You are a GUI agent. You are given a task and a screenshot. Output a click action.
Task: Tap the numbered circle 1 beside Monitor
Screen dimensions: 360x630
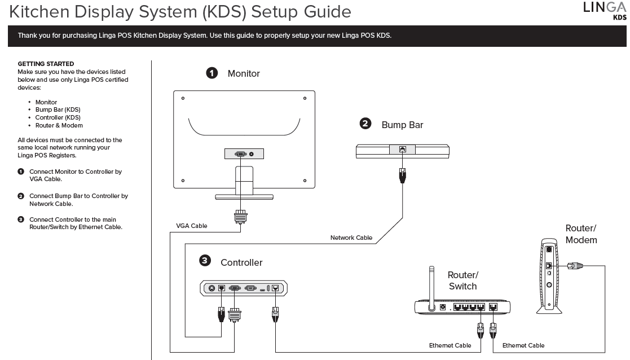(212, 73)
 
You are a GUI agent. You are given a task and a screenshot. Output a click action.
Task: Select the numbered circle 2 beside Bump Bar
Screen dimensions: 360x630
(365, 124)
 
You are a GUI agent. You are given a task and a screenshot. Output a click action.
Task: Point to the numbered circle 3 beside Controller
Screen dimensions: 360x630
(205, 260)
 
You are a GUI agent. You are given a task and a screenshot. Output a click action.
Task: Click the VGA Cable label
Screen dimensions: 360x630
(192, 226)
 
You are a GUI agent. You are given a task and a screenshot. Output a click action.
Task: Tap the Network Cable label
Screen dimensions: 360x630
(351, 238)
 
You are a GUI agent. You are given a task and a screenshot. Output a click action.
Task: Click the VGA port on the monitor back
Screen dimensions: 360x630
(240, 153)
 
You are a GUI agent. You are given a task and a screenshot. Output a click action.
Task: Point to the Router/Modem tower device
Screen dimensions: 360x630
(548, 275)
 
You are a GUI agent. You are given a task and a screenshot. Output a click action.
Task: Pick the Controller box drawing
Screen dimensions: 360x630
(244, 288)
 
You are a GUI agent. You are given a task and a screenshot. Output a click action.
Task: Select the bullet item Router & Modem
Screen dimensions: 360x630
(59, 125)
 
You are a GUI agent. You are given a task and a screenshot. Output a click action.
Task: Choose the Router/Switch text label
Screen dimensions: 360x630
(462, 280)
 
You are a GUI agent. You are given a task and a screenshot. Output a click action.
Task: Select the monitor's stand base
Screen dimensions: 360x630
(244, 196)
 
